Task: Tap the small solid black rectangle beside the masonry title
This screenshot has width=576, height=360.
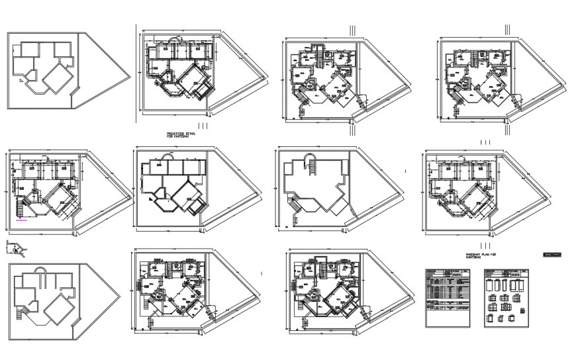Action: click(552, 255)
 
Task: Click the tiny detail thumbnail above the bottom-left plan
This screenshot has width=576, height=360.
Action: click(15, 248)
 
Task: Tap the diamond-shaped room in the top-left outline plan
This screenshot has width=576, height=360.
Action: click(57, 79)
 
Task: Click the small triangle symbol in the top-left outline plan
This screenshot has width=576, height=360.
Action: click(22, 80)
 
